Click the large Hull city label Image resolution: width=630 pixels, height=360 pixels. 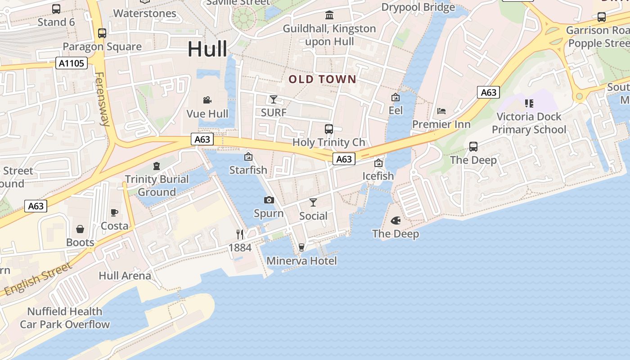tap(207, 49)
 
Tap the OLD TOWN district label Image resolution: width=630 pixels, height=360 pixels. tap(322, 80)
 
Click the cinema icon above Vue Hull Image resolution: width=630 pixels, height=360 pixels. tap(207, 100)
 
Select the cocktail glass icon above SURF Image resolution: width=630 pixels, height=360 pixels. tap(273, 99)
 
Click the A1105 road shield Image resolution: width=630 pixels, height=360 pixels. tap(72, 63)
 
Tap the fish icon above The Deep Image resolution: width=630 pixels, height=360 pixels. tap(396, 220)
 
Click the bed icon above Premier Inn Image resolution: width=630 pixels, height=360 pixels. tap(441, 111)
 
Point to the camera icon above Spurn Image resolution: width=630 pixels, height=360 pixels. tap(269, 200)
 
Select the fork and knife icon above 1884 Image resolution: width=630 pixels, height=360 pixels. tap(240, 234)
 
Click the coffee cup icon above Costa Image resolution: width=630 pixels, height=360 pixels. tap(114, 212)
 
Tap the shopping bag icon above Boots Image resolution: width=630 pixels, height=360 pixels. tap(80, 229)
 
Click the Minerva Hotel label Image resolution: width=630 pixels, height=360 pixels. tap(301, 261)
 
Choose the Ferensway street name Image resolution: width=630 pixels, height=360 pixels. tap(102, 99)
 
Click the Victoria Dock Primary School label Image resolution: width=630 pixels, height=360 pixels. tap(529, 123)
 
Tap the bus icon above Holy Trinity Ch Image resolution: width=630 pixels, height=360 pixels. tap(329, 129)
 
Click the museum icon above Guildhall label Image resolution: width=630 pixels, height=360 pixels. tap(329, 15)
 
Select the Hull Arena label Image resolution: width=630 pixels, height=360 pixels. tap(125, 275)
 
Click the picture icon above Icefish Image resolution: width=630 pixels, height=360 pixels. tap(378, 163)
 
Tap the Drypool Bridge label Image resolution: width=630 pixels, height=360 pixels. tap(418, 7)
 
